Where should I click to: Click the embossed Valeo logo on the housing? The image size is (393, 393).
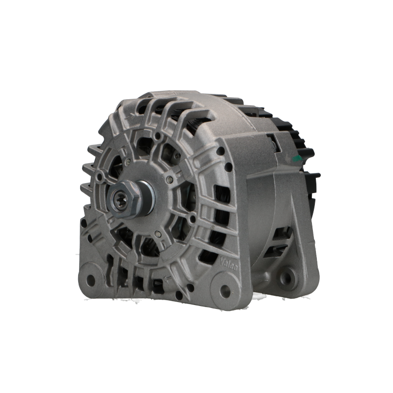pyautogui.click(x=228, y=264)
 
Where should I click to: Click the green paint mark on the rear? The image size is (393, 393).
pyautogui.click(x=298, y=158)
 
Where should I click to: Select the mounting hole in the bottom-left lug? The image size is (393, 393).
pyautogui.click(x=90, y=279)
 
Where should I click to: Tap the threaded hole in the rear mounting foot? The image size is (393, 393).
pyautogui.click(x=286, y=277)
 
